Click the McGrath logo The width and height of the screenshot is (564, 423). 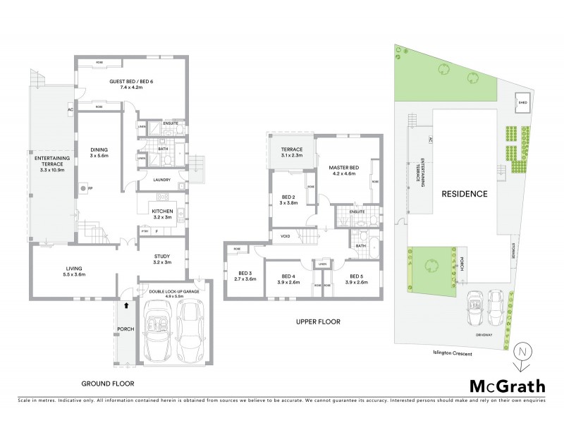coord(507,385)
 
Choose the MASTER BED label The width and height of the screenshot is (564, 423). coord(344,167)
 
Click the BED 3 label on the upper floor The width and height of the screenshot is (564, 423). coord(245,273)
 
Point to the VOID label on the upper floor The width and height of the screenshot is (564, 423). coord(286,236)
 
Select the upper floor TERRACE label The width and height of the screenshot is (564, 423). coord(292,149)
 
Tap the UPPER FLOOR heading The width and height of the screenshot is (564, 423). coord(318,322)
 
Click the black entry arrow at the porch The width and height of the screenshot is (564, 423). coord(125,305)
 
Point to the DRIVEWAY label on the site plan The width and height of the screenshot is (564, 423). coord(483,334)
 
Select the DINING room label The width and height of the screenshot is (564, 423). coord(99,149)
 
